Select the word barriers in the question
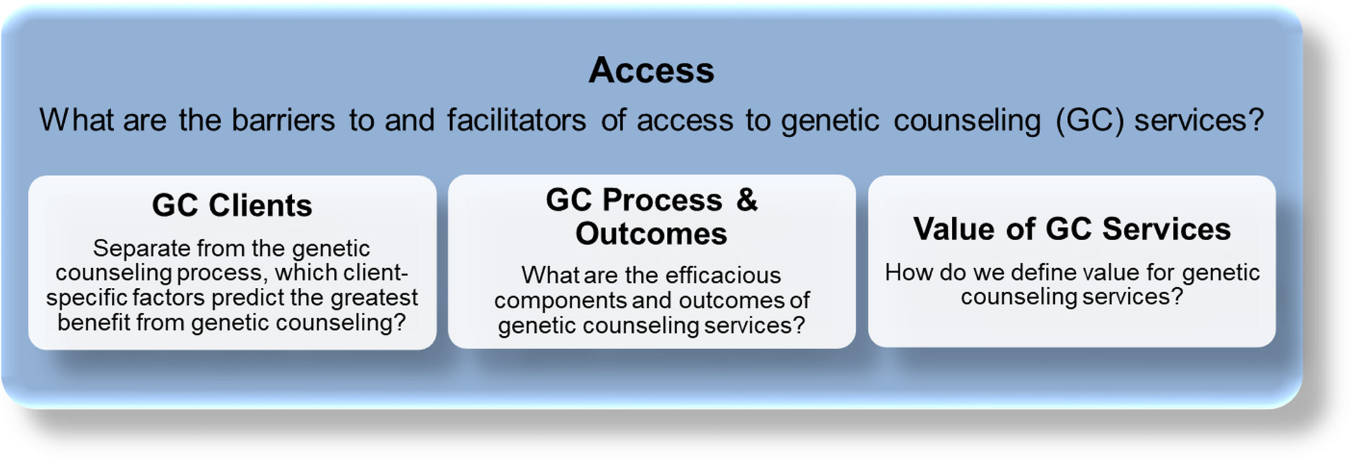(x=283, y=119)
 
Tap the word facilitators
(x=516, y=119)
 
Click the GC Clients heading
(x=232, y=205)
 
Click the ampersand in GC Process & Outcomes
(x=747, y=200)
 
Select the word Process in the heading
(x=662, y=200)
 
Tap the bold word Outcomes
(x=651, y=233)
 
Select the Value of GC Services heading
(x=1072, y=228)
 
